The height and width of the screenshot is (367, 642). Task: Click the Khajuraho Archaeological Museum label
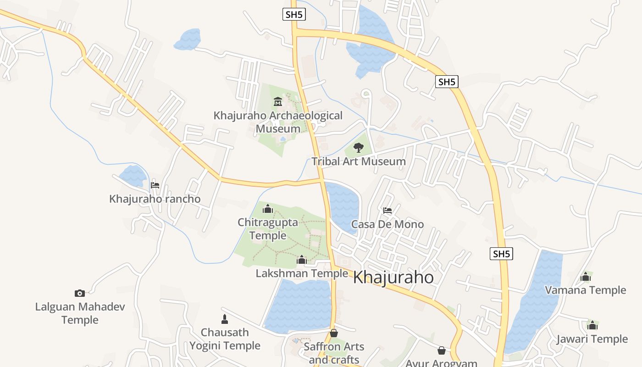pos(278,122)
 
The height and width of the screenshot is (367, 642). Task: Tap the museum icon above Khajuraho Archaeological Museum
pos(277,101)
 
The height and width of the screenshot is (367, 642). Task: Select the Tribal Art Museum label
pos(359,161)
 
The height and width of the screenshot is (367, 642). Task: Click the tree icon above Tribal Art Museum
pos(359,148)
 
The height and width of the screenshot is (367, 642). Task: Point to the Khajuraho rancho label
pos(155,199)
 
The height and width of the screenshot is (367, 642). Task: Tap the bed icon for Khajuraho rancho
pos(155,185)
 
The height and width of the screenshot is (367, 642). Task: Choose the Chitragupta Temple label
pos(268,229)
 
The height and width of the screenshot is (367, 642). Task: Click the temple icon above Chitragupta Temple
pos(268,209)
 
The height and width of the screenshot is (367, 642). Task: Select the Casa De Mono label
pos(387,224)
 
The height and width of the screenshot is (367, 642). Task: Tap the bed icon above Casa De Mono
pos(387,211)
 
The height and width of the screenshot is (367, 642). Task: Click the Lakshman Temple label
pos(302,273)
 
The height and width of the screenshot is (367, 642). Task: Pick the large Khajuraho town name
pos(393,278)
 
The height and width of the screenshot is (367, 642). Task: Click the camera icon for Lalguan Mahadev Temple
pos(80,293)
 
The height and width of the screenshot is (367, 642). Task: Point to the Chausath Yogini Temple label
pos(225,339)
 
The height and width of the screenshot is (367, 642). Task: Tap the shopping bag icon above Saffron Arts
pos(334,333)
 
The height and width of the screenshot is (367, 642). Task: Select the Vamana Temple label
pos(585,290)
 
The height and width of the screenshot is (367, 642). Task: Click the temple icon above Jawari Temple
pos(592,325)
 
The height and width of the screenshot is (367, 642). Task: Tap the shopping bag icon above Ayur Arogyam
pos(442,350)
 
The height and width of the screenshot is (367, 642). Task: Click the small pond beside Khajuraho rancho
pos(133,176)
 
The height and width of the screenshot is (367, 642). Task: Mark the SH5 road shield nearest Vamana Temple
pos(501,254)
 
